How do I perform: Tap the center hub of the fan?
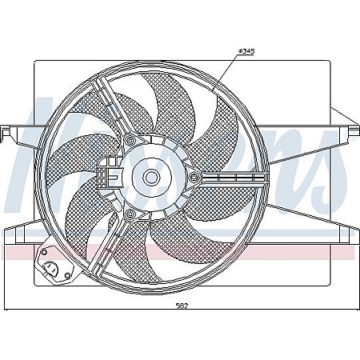pyautogui.click(x=150, y=174)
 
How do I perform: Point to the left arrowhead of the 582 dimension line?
pyautogui.click(x=7, y=309)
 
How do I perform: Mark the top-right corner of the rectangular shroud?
pyautogui.click(x=329, y=61)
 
